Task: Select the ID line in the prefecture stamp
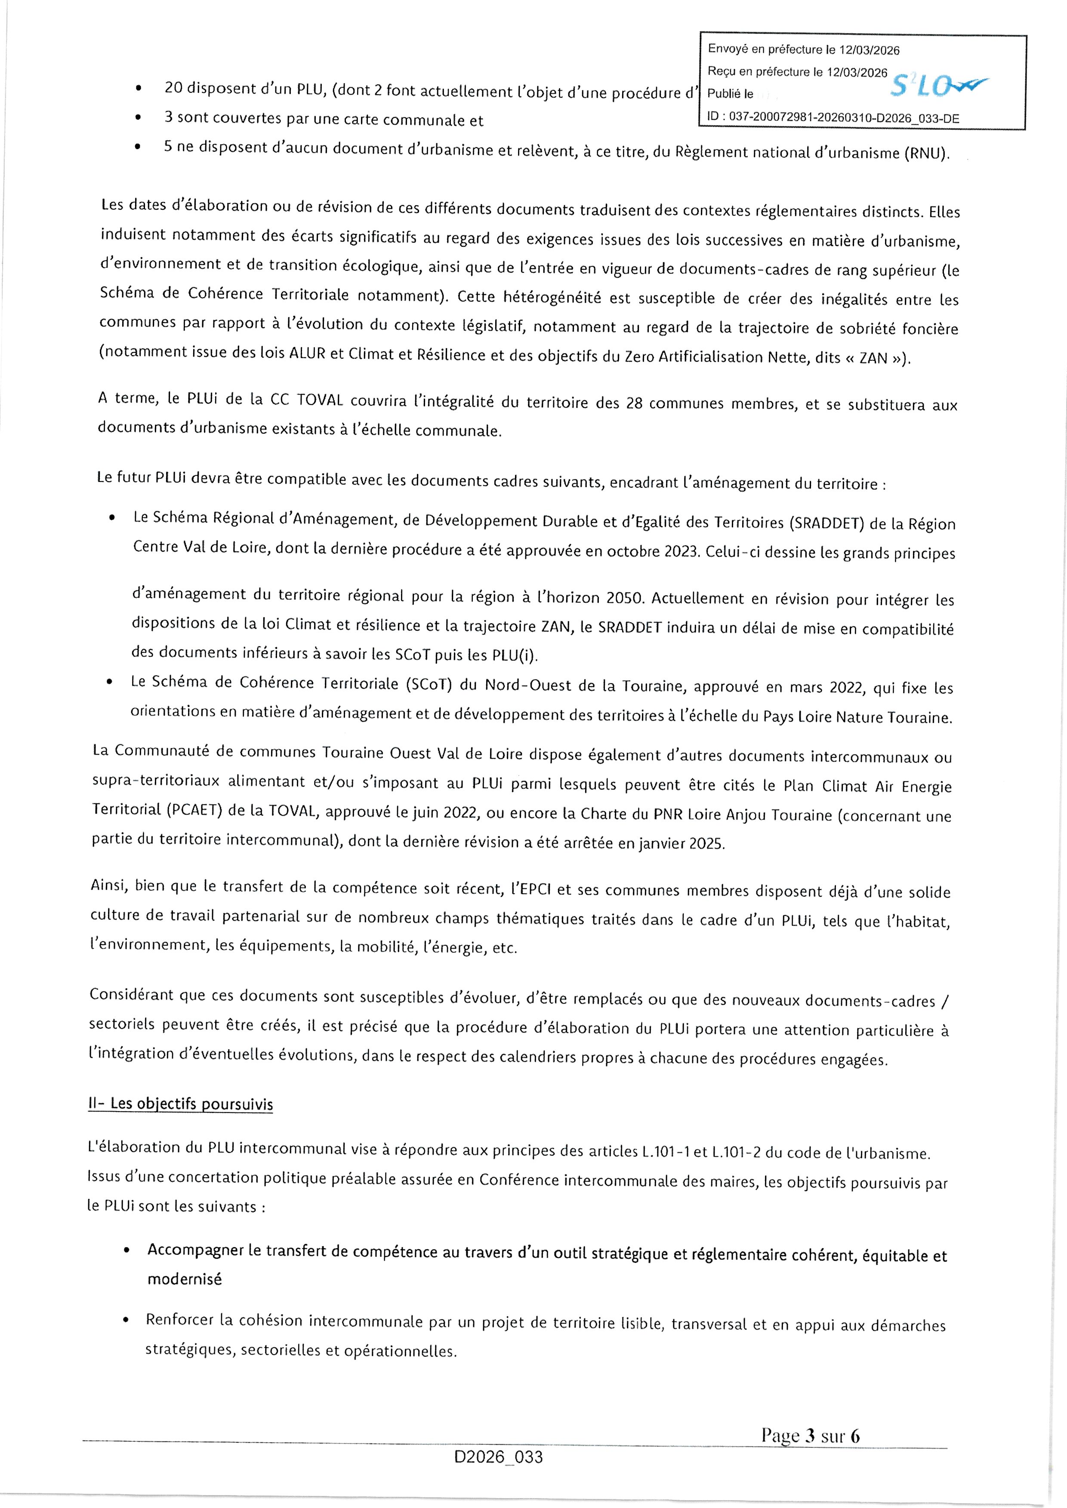pyautogui.click(x=833, y=118)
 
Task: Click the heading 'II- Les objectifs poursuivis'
pyautogui.click(x=181, y=1103)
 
